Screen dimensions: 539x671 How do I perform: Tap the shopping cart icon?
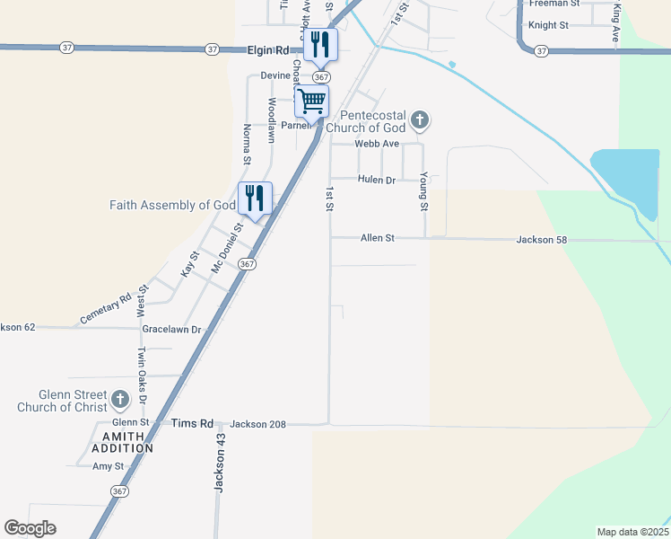click(311, 102)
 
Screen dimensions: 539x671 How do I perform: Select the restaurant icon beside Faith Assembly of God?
click(255, 198)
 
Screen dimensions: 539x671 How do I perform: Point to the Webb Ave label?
click(376, 144)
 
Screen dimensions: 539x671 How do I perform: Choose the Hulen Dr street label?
click(377, 180)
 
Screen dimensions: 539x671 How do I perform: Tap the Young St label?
click(423, 193)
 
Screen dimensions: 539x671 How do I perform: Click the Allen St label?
click(378, 238)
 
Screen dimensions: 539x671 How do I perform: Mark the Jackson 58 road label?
click(543, 240)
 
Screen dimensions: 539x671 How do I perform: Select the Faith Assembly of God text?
click(172, 205)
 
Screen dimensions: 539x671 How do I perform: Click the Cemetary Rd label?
click(106, 308)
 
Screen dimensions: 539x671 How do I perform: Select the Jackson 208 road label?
click(257, 423)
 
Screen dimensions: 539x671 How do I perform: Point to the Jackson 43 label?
click(218, 464)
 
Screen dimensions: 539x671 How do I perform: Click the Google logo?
click(30, 528)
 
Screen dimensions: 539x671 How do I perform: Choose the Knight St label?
click(549, 26)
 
